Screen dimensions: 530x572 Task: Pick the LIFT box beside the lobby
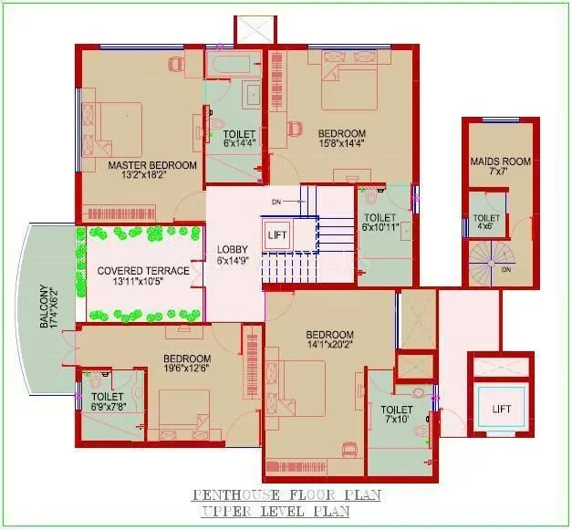(x=277, y=234)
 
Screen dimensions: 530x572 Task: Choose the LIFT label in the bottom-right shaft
(x=502, y=408)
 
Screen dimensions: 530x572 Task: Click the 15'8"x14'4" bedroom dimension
(x=341, y=142)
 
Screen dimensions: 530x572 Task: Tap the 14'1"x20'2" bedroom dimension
(x=329, y=345)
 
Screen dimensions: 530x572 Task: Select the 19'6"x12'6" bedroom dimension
(x=187, y=369)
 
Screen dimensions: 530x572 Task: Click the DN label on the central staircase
(x=276, y=201)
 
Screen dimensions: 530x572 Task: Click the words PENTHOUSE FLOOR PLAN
(x=286, y=495)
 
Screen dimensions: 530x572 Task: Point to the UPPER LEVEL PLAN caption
(x=276, y=513)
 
